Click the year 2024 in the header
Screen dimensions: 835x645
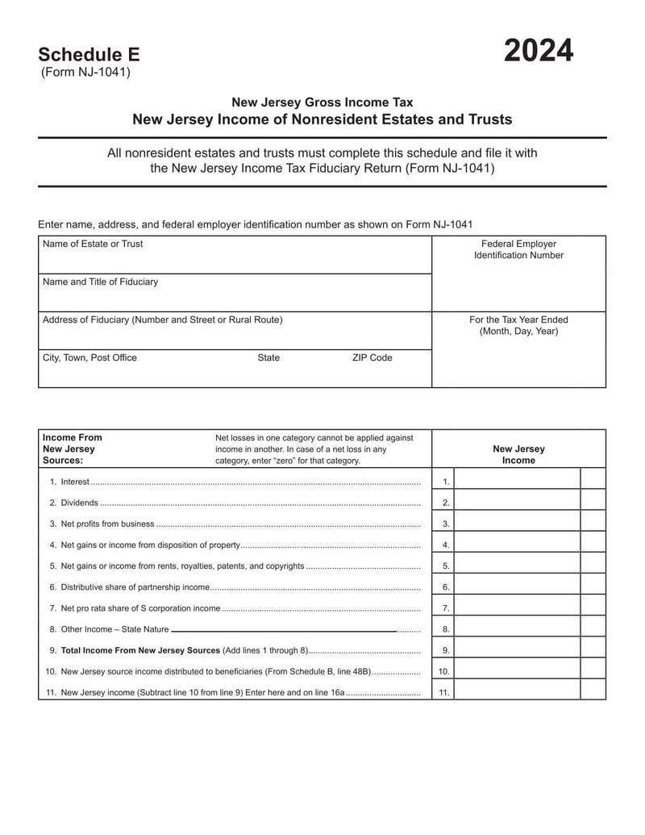pyautogui.click(x=539, y=52)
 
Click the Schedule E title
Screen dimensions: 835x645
pyautogui.click(x=89, y=55)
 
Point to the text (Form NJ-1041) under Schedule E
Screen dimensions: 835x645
pyautogui.click(x=85, y=73)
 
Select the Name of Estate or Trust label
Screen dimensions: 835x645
pyautogui.click(x=93, y=244)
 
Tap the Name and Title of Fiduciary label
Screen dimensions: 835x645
pyautogui.click(x=100, y=282)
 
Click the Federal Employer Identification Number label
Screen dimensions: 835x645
pyautogui.click(x=518, y=249)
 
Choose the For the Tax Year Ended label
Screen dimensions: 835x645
pyautogui.click(x=518, y=325)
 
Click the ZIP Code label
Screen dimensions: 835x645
pyautogui.click(x=372, y=357)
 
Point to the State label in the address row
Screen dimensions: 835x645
pyautogui.click(x=268, y=357)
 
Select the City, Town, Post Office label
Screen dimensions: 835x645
pyautogui.click(x=89, y=357)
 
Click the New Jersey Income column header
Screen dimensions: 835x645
pyautogui.click(x=518, y=454)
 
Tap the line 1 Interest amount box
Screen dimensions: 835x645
pyautogui.click(x=517, y=482)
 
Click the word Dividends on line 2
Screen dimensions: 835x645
pyautogui.click(x=79, y=503)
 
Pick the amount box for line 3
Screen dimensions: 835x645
pyautogui.click(x=517, y=524)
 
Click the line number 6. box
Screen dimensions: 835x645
pyautogui.click(x=444, y=587)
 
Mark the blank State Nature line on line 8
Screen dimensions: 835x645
pyautogui.click(x=284, y=629)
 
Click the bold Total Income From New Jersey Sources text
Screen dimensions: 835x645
pyautogui.click(x=140, y=650)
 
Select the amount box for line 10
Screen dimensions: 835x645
pyautogui.click(x=517, y=671)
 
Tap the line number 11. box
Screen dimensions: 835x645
pyautogui.click(x=444, y=692)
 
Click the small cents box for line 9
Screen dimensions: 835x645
pyautogui.click(x=593, y=650)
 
